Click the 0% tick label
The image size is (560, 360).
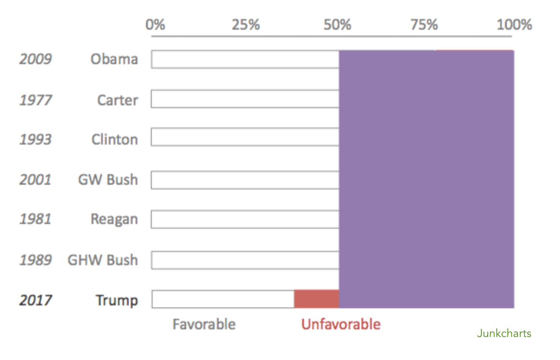coord(156,24)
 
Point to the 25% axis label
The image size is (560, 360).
coord(246,24)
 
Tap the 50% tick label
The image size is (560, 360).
coord(337,24)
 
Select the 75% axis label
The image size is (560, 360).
coord(424,24)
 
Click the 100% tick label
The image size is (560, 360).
coord(514,24)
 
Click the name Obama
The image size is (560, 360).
coord(114,59)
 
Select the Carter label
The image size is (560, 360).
coord(117,100)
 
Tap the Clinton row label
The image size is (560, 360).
coord(114,139)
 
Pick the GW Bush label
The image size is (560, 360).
coord(108,180)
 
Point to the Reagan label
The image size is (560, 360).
coord(114,219)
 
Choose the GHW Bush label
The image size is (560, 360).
coord(102,260)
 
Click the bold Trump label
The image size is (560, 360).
coord(117,300)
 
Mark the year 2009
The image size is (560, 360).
coord(35,59)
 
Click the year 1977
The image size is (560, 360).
coord(35,100)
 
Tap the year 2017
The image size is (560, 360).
coord(35,300)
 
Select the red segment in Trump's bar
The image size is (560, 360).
coord(316,299)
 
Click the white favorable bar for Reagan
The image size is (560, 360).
coord(245,219)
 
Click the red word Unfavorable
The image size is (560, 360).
coord(341,324)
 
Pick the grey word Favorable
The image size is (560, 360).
coord(204,324)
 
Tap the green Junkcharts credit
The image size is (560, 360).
coord(504,333)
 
